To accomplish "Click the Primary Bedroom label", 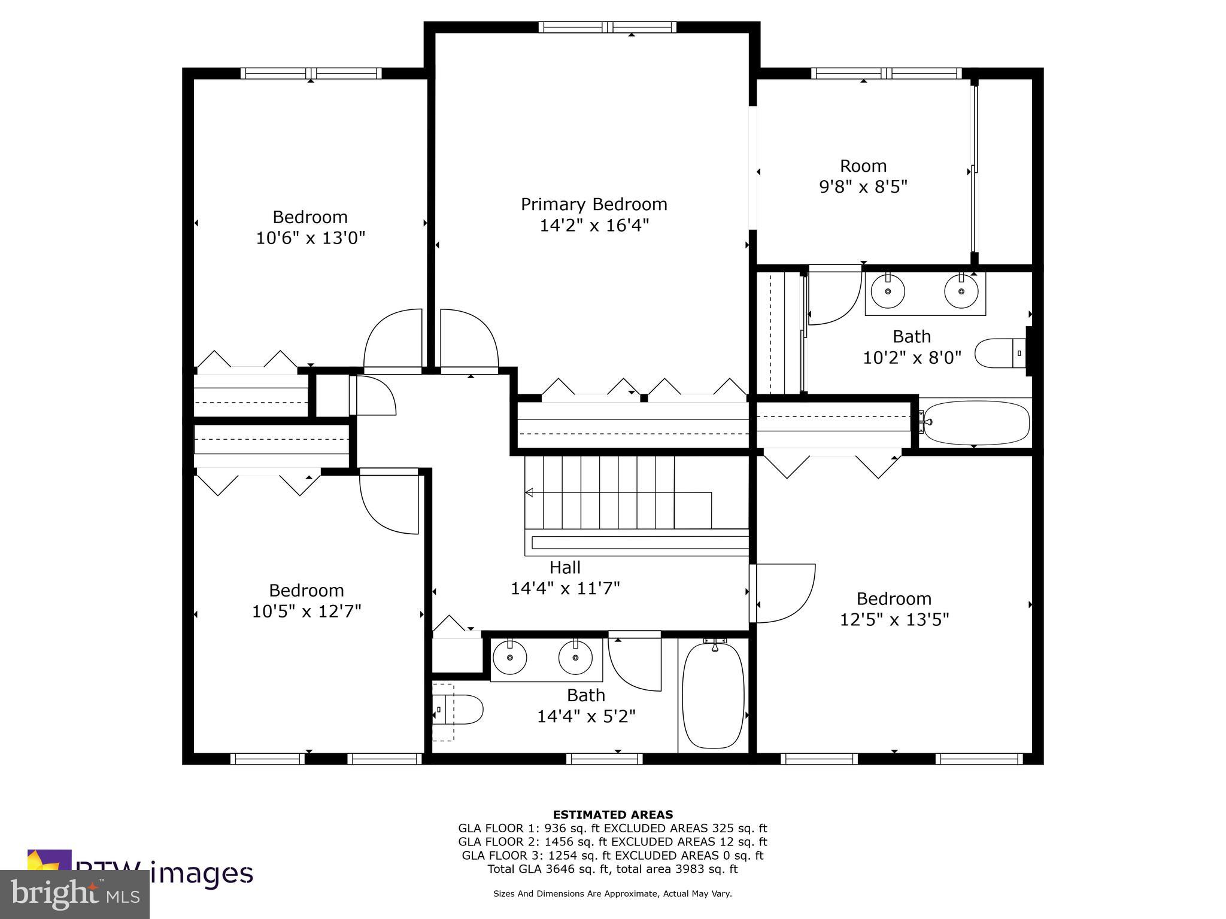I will (x=593, y=205).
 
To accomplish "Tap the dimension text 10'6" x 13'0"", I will (x=310, y=238).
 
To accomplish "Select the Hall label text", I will (x=565, y=567).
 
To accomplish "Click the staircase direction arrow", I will (x=529, y=492).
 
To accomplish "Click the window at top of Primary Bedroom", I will (x=607, y=27).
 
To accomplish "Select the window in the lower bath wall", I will (x=604, y=759).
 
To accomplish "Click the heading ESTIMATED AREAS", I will (x=612, y=814).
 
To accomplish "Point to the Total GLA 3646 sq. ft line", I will (x=612, y=869).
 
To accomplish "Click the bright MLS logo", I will (x=75, y=894).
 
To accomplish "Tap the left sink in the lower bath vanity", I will (x=509, y=658).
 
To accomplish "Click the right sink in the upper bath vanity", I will (x=961, y=291).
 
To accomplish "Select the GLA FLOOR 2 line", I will (x=612, y=842).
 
